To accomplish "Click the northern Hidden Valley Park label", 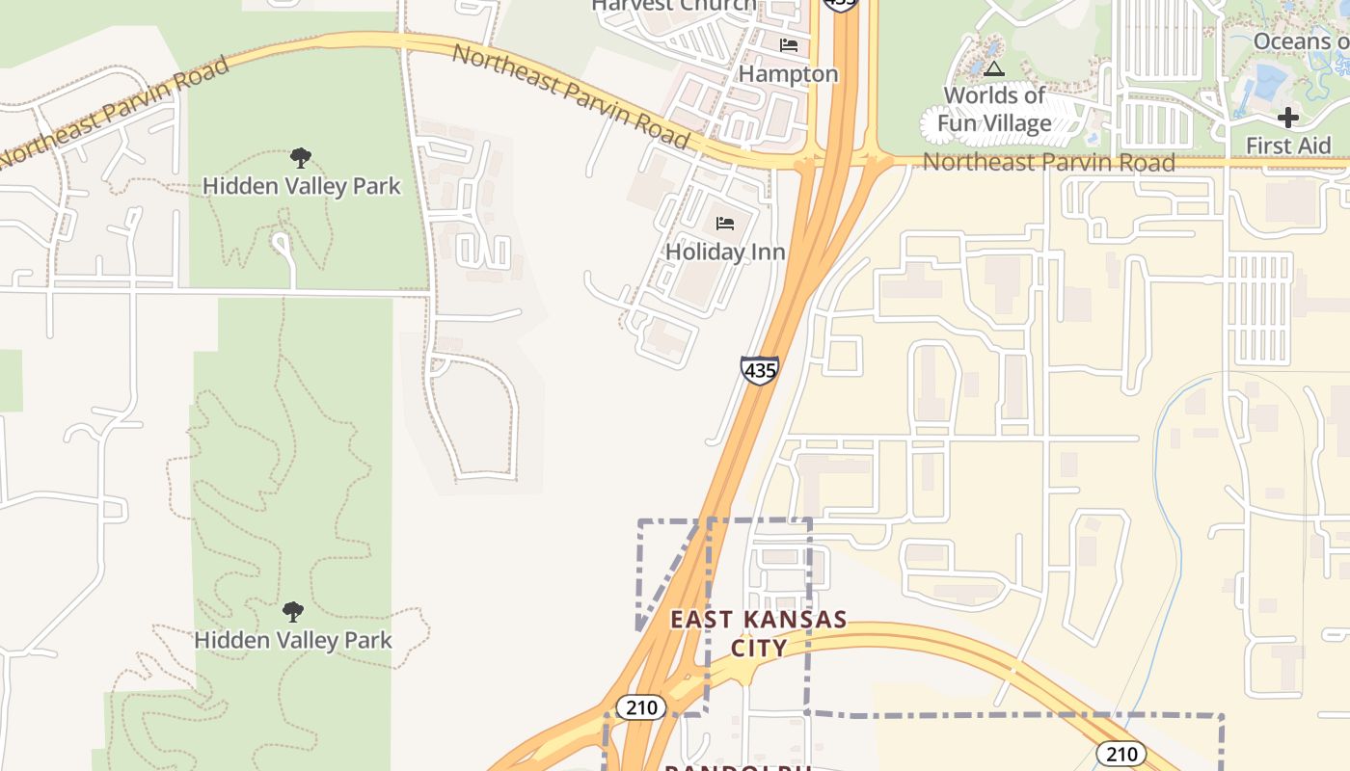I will coord(301,186).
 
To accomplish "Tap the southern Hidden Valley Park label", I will coord(293,640).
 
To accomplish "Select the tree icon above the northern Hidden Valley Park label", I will coord(301,157).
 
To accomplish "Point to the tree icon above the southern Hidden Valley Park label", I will coord(293,611).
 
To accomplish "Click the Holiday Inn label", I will coord(725,253).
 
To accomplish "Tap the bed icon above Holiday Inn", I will coord(725,224).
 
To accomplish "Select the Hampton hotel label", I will coord(788,74).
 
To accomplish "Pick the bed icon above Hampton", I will coord(789,45).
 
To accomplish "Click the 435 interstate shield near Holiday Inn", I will coord(760,370).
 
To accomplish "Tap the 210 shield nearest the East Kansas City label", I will coord(641,707).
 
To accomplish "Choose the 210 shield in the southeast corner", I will coord(1120,754).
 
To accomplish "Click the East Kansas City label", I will coord(759,633).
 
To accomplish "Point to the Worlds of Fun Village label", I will coord(994,109).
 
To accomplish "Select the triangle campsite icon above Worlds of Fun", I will coord(994,68).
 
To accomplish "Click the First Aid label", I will coord(1288,146).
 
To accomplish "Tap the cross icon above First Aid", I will coord(1288,118).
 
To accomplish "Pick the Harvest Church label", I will coord(674,6).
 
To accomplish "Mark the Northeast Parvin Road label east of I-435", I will coord(1048,162).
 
